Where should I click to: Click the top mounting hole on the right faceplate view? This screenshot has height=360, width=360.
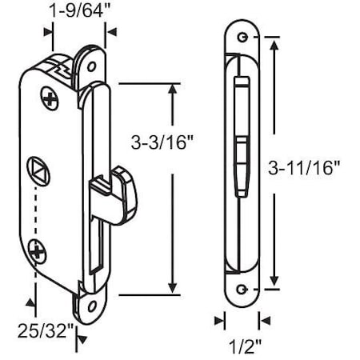241,36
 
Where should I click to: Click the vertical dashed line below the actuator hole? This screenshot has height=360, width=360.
34,216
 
